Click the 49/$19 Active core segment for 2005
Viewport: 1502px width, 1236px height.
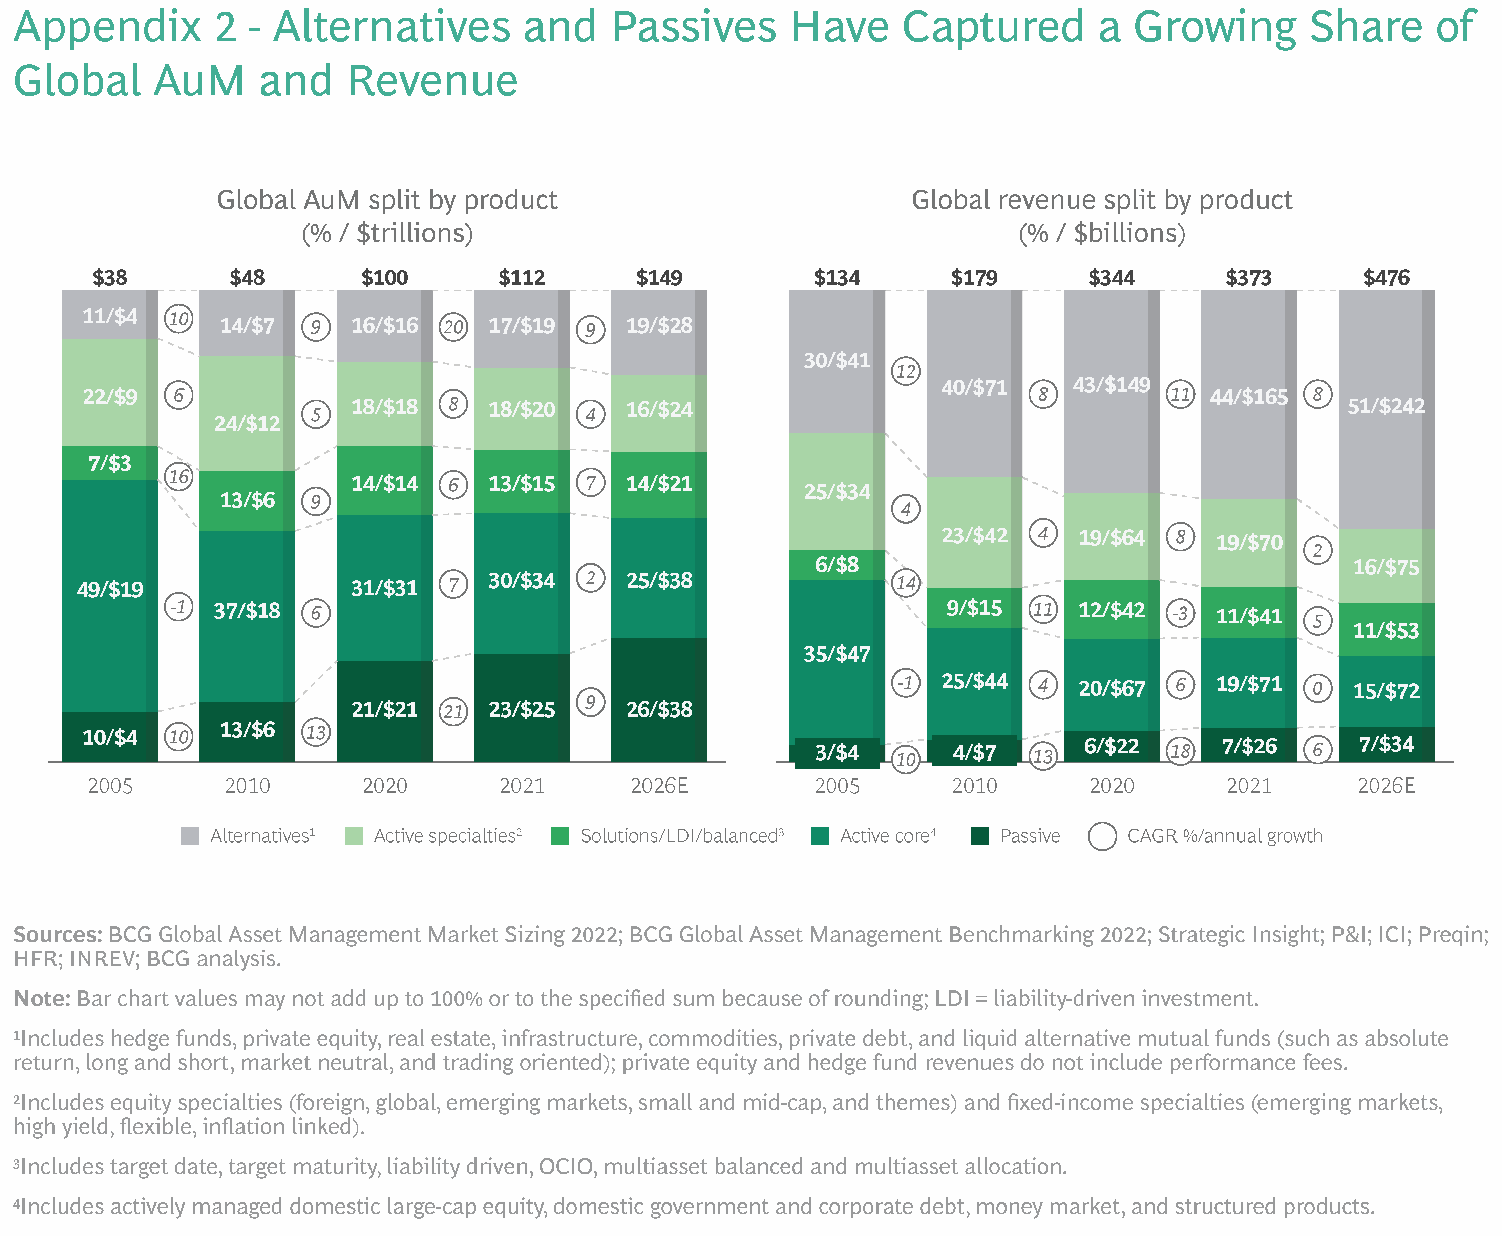(110, 590)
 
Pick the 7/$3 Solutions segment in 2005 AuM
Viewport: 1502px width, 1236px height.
(110, 464)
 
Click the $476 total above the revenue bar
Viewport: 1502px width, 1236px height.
(1385, 278)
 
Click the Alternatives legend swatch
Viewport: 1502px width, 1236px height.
(190, 836)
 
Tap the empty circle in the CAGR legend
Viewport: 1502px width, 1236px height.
(1102, 836)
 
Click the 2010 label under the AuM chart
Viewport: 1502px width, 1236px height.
(247, 786)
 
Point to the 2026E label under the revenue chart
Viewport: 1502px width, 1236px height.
(1385, 786)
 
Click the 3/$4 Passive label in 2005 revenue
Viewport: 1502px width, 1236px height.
(837, 752)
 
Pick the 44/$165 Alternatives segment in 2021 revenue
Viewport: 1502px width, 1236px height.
(1248, 397)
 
